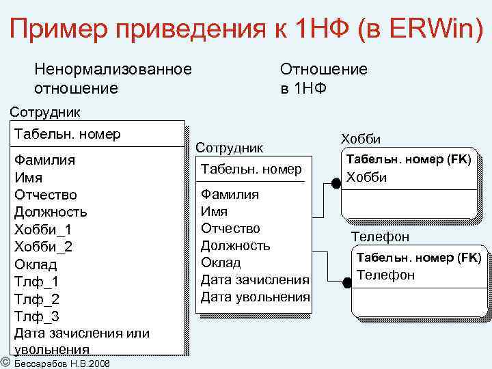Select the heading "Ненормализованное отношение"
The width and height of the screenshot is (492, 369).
[113, 79]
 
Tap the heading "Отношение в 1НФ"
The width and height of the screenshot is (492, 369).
[323, 79]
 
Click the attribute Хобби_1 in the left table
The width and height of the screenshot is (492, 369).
[43, 229]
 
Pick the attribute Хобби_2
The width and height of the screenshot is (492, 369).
[43, 247]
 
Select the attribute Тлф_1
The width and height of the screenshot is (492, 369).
[37, 282]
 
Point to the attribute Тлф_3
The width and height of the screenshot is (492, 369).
[37, 316]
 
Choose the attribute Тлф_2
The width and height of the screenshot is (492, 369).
[37, 299]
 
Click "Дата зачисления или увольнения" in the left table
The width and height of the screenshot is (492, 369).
[81, 341]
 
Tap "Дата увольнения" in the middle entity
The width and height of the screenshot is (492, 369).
[255, 297]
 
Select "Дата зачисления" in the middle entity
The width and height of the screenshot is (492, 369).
[255, 280]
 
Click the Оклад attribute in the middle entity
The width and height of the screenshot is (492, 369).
[221, 262]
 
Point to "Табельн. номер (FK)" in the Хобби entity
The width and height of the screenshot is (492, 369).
[409, 159]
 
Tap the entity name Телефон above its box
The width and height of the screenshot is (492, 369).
[380, 237]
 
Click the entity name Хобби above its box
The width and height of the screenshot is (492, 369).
[360, 138]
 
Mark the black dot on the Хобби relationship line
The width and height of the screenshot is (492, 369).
[336, 183]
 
